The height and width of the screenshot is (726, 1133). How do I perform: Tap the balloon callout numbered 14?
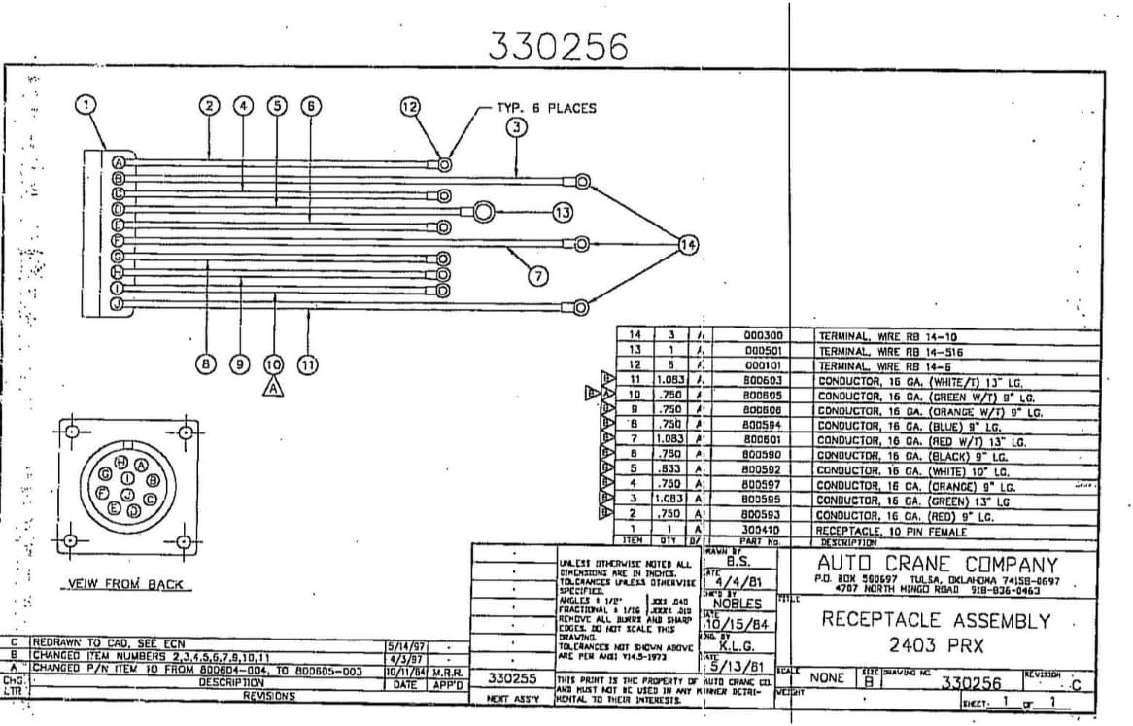pyautogui.click(x=688, y=245)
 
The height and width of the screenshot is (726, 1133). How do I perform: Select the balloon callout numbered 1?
pyautogui.click(x=87, y=105)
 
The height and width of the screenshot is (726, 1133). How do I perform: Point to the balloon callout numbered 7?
pyautogui.click(x=538, y=276)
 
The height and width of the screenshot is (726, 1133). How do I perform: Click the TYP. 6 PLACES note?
pyautogui.click(x=546, y=108)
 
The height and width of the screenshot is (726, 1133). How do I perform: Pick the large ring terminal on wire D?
pyautogui.click(x=485, y=211)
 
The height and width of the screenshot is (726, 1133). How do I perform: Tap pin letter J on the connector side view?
pyautogui.click(x=118, y=304)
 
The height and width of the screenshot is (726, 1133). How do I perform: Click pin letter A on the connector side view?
pyautogui.click(x=118, y=162)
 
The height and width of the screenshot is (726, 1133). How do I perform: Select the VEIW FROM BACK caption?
pyautogui.click(x=123, y=584)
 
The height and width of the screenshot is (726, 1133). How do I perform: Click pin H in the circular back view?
pyautogui.click(x=121, y=460)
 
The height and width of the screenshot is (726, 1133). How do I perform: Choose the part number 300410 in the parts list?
pyautogui.click(x=763, y=529)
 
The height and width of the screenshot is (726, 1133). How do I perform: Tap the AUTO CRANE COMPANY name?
pyautogui.click(x=937, y=565)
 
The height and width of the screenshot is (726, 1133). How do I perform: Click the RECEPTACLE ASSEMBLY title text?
pyautogui.click(x=936, y=620)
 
